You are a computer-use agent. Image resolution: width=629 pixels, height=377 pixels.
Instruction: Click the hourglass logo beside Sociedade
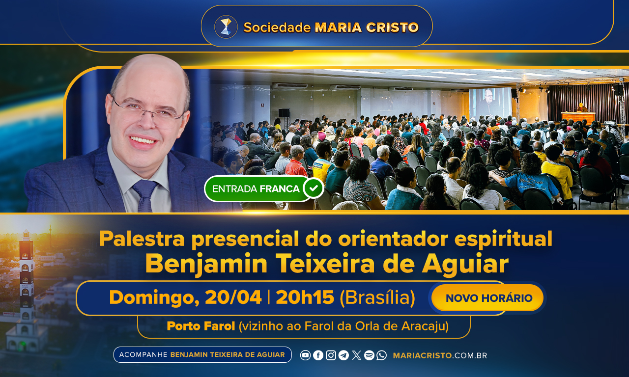point(226,27)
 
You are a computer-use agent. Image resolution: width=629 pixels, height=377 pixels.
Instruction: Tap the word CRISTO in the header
point(392,27)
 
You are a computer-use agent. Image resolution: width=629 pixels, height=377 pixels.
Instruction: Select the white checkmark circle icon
point(314,188)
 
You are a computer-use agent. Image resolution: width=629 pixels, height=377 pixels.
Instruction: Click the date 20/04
point(233,297)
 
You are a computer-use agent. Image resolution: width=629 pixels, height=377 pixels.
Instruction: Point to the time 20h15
point(305,297)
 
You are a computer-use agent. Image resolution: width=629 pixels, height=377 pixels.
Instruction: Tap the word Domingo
point(154,298)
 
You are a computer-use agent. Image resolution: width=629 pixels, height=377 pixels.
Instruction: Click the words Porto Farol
point(201,326)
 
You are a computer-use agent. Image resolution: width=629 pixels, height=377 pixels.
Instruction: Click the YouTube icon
point(305,355)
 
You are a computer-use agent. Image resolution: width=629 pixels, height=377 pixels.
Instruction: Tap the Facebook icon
point(318,355)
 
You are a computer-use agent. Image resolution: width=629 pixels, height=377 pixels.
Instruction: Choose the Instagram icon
point(331,355)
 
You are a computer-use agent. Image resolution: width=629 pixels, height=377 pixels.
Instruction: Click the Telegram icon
point(343,355)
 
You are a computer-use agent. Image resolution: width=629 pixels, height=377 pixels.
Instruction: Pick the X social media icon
point(357,355)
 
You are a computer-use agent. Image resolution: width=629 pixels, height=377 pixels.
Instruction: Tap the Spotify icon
point(369,355)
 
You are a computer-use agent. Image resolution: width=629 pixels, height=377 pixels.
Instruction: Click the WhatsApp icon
point(382,355)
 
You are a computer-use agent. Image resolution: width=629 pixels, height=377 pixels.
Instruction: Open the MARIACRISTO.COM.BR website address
point(440,356)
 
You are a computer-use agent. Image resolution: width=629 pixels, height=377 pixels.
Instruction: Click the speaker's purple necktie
point(145,195)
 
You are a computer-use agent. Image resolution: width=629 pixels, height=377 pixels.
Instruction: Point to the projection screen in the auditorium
point(490,102)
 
